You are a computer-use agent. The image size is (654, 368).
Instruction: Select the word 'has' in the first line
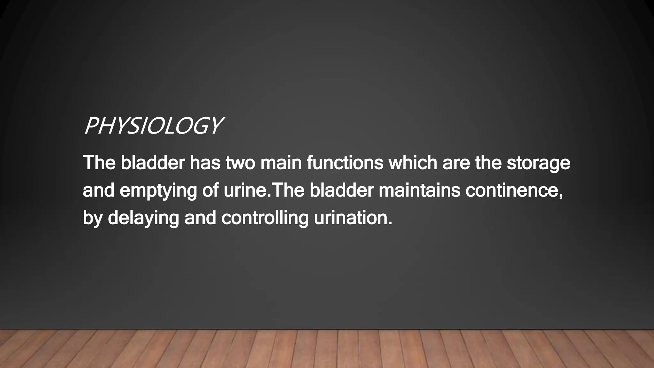point(205,163)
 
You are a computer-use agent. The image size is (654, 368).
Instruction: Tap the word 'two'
point(240,163)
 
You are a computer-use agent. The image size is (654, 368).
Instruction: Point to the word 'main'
point(281,163)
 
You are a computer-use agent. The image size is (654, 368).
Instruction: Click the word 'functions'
point(345,163)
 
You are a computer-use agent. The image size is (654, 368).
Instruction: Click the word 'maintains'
point(419,190)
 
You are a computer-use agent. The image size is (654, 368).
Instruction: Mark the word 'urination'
point(353,218)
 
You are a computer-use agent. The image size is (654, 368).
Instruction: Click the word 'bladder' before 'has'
point(153,163)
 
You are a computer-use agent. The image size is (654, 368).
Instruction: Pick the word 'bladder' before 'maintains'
point(341,190)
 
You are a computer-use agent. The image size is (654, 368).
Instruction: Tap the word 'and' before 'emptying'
point(98,190)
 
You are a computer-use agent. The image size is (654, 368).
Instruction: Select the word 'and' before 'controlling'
point(200,218)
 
